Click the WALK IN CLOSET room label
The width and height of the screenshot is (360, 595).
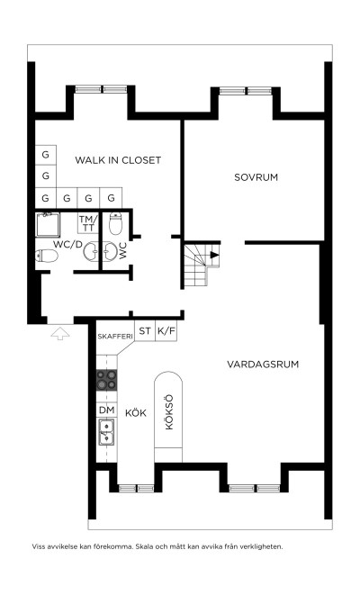point(118,160)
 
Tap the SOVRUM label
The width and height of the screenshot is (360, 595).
point(256,177)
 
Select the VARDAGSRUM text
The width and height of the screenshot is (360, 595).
point(263,365)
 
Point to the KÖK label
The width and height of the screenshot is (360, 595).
point(135,412)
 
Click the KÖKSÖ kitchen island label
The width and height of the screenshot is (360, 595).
point(169,412)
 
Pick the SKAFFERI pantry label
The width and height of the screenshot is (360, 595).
point(115,337)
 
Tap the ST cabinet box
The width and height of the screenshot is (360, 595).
point(145,331)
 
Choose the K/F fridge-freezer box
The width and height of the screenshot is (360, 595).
point(166,331)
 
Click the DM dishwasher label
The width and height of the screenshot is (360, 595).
point(106,410)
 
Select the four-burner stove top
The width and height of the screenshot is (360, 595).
point(106,380)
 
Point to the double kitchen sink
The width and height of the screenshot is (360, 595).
point(106,432)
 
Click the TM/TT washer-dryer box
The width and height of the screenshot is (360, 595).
point(88,223)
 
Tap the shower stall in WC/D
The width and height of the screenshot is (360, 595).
point(48,225)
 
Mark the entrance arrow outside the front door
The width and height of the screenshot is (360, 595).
point(60,334)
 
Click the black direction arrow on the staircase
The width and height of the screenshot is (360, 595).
point(215,255)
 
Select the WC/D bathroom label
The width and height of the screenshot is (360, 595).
point(67,245)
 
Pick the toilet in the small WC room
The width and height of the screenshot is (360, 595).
point(115,223)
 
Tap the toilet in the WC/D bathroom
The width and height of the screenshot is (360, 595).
point(47,256)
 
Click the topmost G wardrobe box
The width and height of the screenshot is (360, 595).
point(46,155)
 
